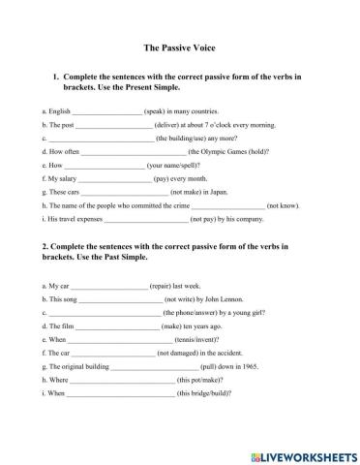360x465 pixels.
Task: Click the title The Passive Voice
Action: tap(179, 46)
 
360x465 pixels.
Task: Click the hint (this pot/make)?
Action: tap(195, 382)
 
